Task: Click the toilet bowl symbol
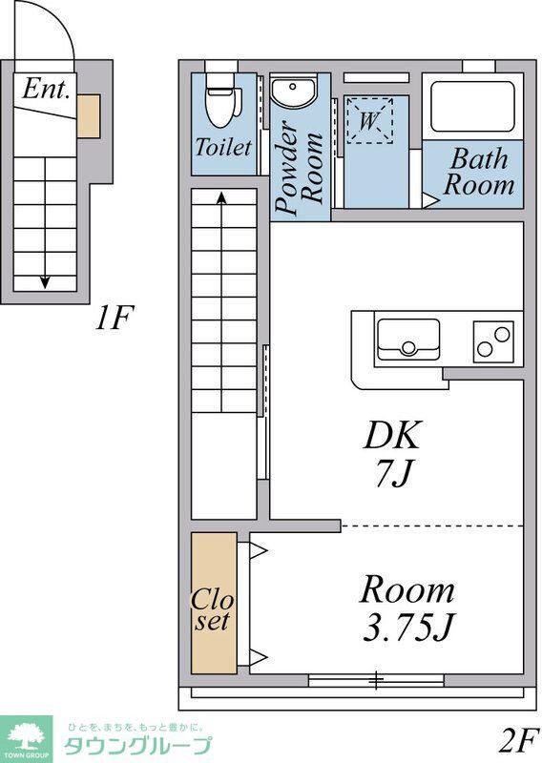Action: click(x=223, y=100)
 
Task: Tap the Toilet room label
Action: click(x=223, y=147)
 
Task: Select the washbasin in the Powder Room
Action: click(x=293, y=92)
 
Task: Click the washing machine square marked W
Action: click(x=369, y=120)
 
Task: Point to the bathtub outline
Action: click(x=472, y=107)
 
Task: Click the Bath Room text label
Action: click(x=479, y=172)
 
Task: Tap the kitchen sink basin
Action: click(x=408, y=339)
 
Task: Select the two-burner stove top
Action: click(x=493, y=341)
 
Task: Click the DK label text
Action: click(x=391, y=435)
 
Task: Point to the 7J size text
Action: click(x=392, y=472)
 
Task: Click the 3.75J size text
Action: click(x=408, y=627)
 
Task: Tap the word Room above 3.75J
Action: click(x=407, y=589)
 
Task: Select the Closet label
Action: click(x=213, y=610)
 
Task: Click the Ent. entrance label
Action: click(x=45, y=89)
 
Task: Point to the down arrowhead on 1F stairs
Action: click(x=45, y=281)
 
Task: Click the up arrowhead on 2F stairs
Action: click(x=222, y=197)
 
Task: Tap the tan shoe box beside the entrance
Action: click(x=89, y=116)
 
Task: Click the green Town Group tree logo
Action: click(x=26, y=736)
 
